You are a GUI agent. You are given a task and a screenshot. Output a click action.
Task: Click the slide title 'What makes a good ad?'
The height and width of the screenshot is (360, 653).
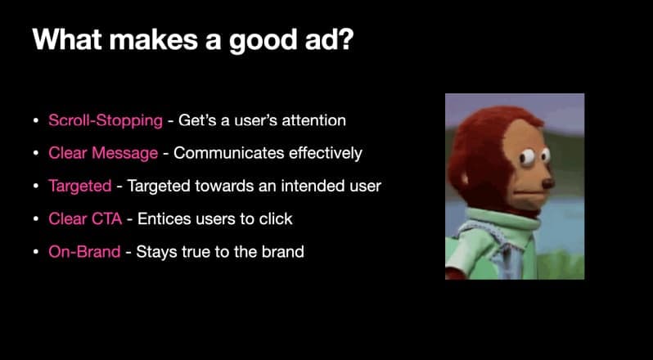tap(192, 40)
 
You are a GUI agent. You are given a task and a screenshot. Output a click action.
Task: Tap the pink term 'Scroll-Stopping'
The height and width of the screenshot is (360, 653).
tap(105, 120)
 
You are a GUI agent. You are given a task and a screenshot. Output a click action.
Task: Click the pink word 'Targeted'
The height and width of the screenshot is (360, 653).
tap(79, 186)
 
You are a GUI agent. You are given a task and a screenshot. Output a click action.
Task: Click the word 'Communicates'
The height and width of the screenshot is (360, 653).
tap(222, 153)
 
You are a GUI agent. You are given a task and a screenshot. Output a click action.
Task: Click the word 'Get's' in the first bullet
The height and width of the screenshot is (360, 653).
tap(196, 120)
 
